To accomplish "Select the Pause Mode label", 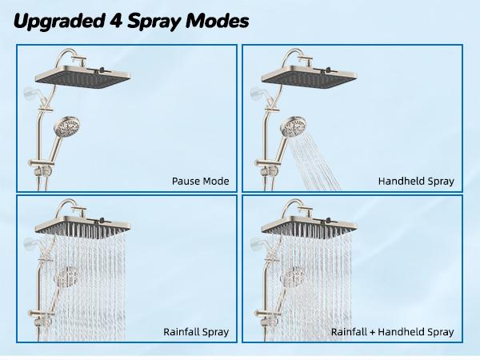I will pyautogui.click(x=200, y=182).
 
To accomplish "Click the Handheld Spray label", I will pyautogui.click(x=416, y=182).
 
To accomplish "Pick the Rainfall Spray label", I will pyautogui.click(x=196, y=331).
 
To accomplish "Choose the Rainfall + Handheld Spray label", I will pyautogui.click(x=393, y=331).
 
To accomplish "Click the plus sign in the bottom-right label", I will pyautogui.click(x=373, y=331).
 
